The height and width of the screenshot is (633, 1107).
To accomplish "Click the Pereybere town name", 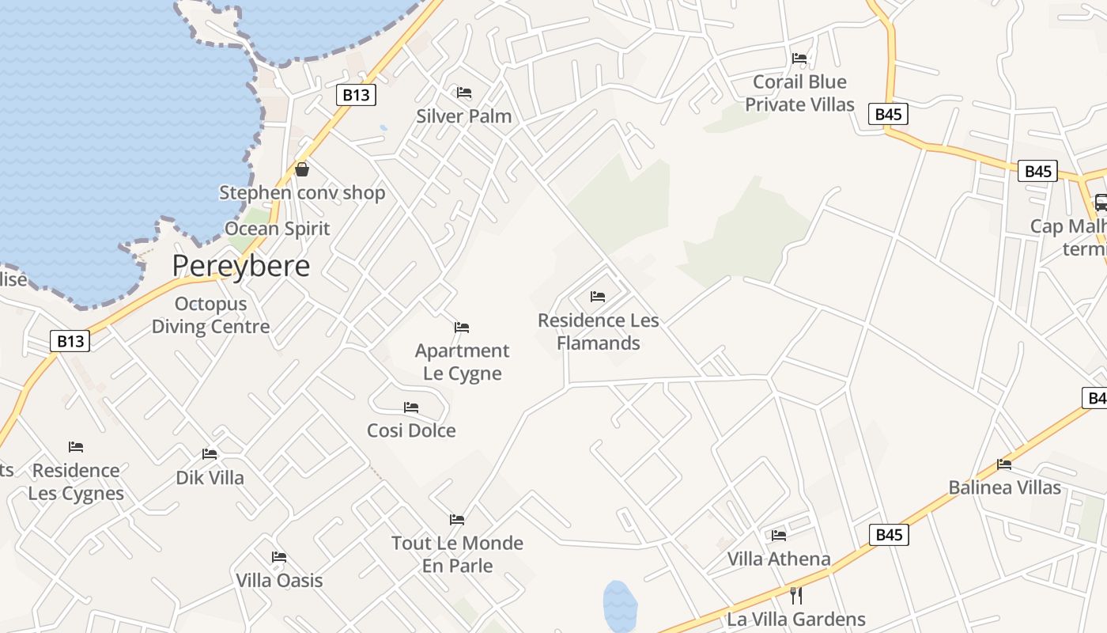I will click(240, 266).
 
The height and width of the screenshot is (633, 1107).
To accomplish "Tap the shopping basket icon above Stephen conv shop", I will click(302, 169).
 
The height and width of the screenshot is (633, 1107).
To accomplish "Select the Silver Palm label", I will click(464, 116).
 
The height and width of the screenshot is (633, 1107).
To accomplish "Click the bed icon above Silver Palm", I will click(464, 93).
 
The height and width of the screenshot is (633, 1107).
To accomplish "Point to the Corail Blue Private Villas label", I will click(799, 93).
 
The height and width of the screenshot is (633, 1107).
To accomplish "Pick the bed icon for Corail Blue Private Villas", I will click(799, 58).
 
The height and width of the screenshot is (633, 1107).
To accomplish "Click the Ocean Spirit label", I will click(278, 229).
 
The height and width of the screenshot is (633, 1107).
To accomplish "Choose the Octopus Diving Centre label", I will click(210, 315).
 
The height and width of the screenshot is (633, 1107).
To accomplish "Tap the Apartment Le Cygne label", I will click(463, 362).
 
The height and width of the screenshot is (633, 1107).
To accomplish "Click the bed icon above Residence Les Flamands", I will click(598, 297).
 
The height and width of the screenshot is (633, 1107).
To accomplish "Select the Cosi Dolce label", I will click(411, 430).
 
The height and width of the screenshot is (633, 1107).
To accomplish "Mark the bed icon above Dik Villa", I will click(210, 454).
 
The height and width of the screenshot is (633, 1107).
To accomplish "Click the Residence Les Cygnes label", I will click(76, 482).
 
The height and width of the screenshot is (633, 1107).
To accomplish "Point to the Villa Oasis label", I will click(279, 581).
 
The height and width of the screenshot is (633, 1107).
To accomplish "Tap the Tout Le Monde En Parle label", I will click(457, 554).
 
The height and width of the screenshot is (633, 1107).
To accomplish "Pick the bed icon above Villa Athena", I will click(779, 536).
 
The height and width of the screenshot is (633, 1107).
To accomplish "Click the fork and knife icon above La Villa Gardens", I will click(796, 595).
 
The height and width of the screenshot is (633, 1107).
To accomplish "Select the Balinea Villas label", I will click(1004, 487).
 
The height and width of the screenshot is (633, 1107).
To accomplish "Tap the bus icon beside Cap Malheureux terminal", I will click(1100, 203).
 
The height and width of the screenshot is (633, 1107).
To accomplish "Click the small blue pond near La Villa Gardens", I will click(620, 605).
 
